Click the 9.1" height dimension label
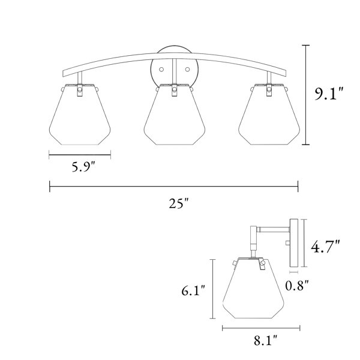point(329,94)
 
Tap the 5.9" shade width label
point(83,167)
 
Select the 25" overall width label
point(179,203)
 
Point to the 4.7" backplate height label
point(325,246)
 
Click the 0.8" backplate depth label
point(297,286)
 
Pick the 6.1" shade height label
point(193,290)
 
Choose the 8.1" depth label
point(265,340)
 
